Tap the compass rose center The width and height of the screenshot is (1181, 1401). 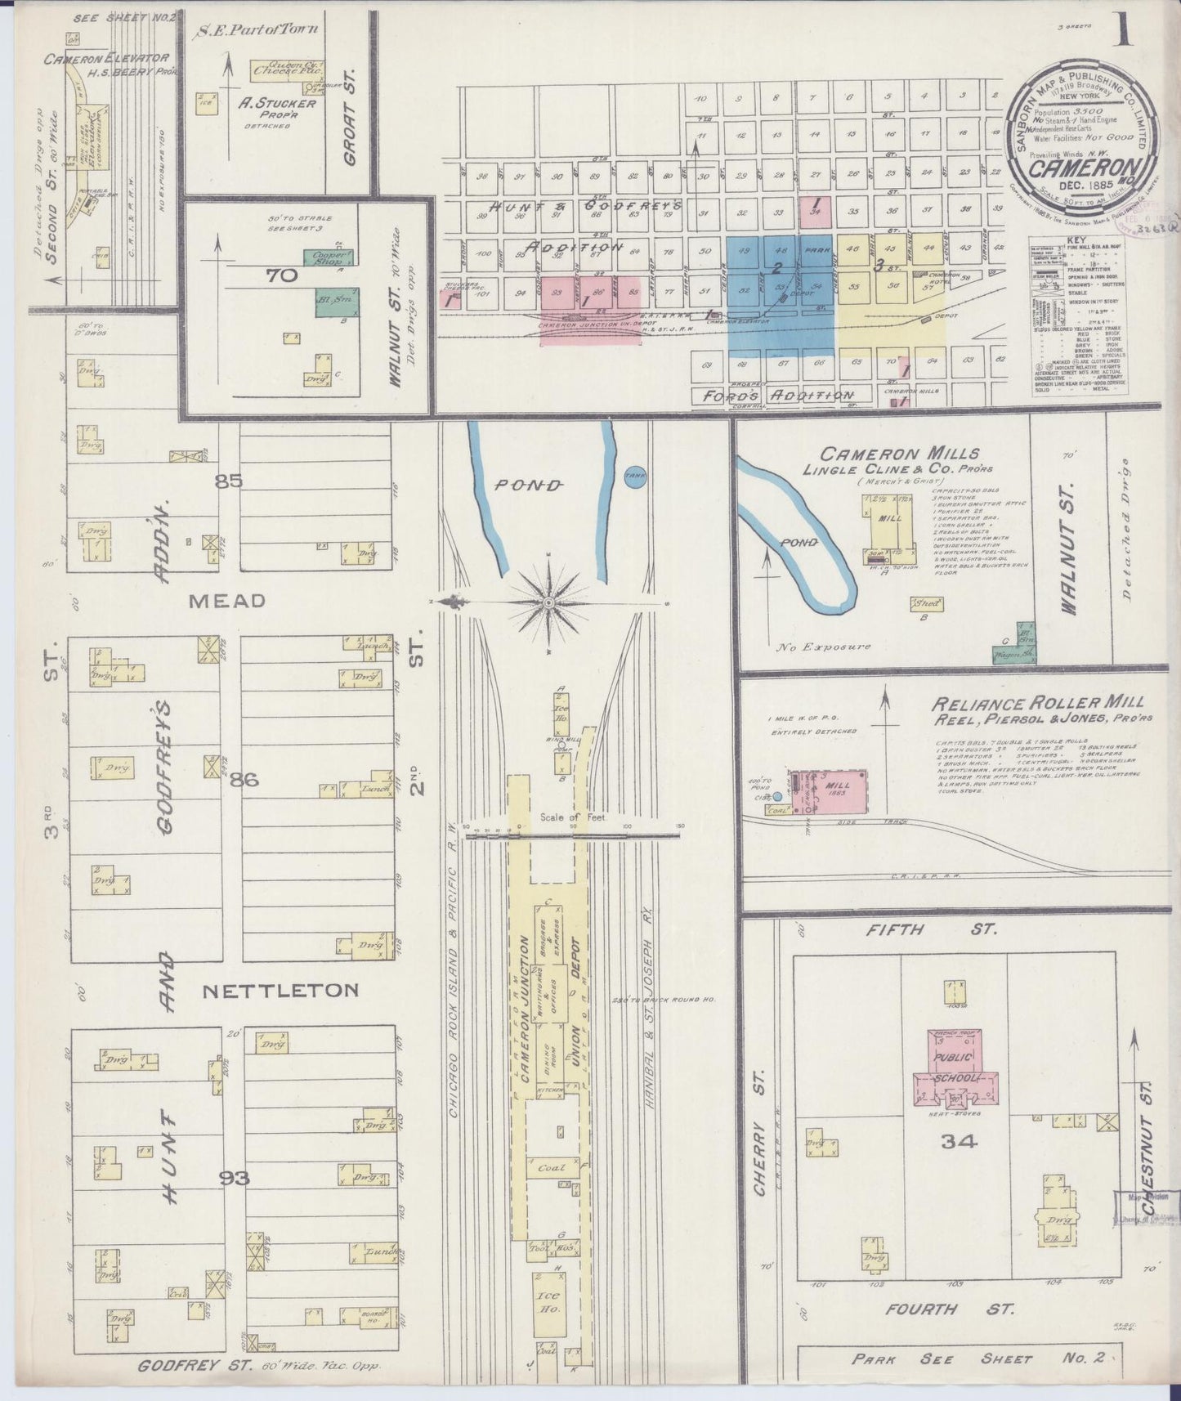tap(548, 603)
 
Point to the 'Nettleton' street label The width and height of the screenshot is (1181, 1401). tap(280, 991)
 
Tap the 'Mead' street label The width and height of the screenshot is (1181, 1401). tap(227, 601)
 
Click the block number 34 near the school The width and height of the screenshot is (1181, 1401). tap(958, 1143)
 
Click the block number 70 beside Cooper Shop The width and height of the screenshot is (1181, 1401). tap(280, 276)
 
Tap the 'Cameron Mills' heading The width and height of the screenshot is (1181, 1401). tap(900, 454)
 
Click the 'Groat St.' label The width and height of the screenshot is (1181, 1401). tap(351, 117)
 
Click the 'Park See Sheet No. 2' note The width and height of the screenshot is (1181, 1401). tap(977, 1358)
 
